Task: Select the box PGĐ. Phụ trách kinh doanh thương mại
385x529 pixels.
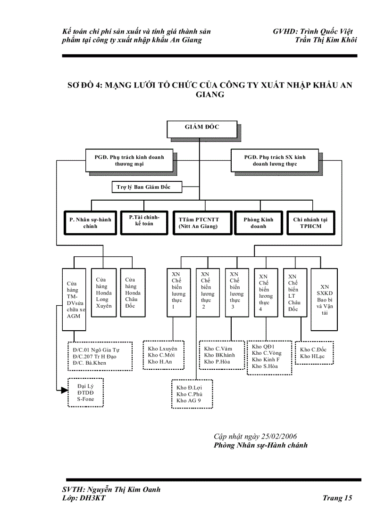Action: point(129,161)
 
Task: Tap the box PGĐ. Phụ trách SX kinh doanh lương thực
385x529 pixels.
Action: point(275,161)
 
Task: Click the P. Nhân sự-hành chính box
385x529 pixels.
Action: point(90,222)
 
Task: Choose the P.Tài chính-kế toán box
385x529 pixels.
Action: point(144,221)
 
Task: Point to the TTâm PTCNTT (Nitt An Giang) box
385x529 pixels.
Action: point(198,222)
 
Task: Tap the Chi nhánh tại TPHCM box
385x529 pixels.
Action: point(310,222)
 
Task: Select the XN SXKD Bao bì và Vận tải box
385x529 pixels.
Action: point(324,300)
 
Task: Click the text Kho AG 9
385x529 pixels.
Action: point(189,400)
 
